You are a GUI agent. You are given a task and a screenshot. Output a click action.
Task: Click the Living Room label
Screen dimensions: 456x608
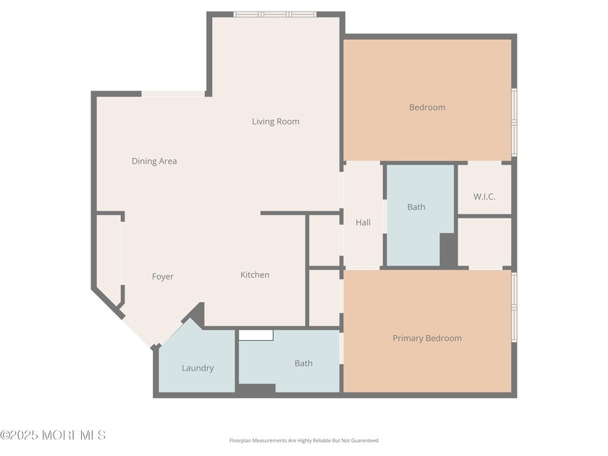pyautogui.click(x=275, y=122)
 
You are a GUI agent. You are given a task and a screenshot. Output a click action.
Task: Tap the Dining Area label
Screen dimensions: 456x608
pyautogui.click(x=154, y=161)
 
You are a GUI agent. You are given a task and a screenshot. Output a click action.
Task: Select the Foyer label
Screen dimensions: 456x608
pyautogui.click(x=163, y=276)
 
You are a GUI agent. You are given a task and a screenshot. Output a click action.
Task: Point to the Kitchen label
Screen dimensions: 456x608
pyautogui.click(x=255, y=275)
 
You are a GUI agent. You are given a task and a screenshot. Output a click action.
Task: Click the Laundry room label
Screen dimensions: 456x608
pyautogui.click(x=198, y=368)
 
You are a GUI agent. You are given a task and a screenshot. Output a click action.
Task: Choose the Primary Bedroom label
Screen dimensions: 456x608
pyautogui.click(x=427, y=338)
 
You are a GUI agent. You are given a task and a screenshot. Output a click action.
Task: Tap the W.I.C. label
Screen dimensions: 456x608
pyautogui.click(x=484, y=197)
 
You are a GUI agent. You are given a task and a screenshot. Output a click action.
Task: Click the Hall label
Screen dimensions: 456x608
pyautogui.click(x=363, y=222)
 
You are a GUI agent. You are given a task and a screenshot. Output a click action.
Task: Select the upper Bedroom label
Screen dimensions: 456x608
pyautogui.click(x=427, y=108)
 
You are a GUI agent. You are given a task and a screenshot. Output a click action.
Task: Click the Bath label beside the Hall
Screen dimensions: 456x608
pyautogui.click(x=416, y=207)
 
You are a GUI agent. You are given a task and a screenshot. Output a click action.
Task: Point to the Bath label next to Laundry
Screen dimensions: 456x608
pyautogui.click(x=303, y=363)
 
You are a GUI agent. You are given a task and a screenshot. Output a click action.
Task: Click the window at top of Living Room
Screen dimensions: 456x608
pyautogui.click(x=274, y=14)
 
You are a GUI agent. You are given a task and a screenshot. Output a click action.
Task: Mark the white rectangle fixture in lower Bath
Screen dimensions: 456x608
pyautogui.click(x=256, y=335)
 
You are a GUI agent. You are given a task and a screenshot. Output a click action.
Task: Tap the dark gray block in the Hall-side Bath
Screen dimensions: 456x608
pyautogui.click(x=448, y=250)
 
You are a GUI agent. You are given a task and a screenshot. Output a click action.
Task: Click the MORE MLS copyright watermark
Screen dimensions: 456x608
pyautogui.click(x=54, y=435)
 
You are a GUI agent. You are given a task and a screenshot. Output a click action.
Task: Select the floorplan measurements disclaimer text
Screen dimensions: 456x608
pyautogui.click(x=303, y=440)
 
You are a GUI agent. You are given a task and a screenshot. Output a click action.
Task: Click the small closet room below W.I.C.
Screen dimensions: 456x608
pyautogui.click(x=484, y=242)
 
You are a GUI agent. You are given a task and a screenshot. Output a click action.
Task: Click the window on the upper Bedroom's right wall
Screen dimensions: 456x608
pyautogui.click(x=514, y=121)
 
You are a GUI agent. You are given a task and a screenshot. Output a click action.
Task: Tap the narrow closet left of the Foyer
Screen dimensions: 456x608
pyautogui.click(x=109, y=257)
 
